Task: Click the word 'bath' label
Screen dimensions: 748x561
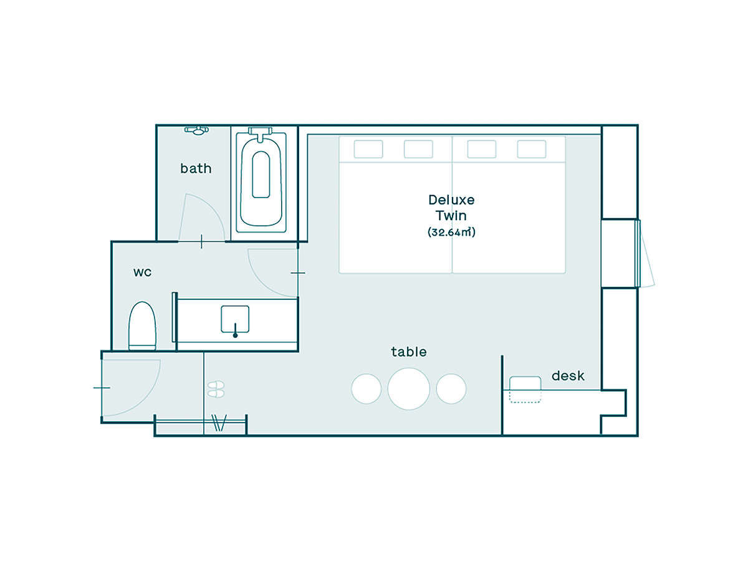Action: [x=196, y=168]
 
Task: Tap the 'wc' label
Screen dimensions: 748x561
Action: [x=143, y=272]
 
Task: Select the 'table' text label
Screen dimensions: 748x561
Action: [x=408, y=352]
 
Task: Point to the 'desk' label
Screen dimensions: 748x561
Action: [x=568, y=376]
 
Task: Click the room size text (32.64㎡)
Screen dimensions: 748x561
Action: [x=451, y=232]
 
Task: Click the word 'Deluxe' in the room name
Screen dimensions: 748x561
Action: [x=451, y=200]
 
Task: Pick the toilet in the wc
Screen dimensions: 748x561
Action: [x=143, y=325]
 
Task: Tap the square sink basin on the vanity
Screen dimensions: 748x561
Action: [x=235, y=319]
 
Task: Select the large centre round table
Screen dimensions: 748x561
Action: [x=408, y=388]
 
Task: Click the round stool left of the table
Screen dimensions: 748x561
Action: [x=367, y=388]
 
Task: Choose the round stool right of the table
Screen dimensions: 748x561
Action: [x=451, y=388]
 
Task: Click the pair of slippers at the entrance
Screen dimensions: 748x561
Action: [x=216, y=389]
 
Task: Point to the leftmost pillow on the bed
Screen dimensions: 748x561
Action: [x=368, y=149]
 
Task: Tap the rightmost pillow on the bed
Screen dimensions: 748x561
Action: [x=532, y=149]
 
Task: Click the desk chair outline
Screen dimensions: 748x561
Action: [x=525, y=390]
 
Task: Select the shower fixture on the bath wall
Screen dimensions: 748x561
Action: [x=196, y=130]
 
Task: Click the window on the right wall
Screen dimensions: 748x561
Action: [x=638, y=254]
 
